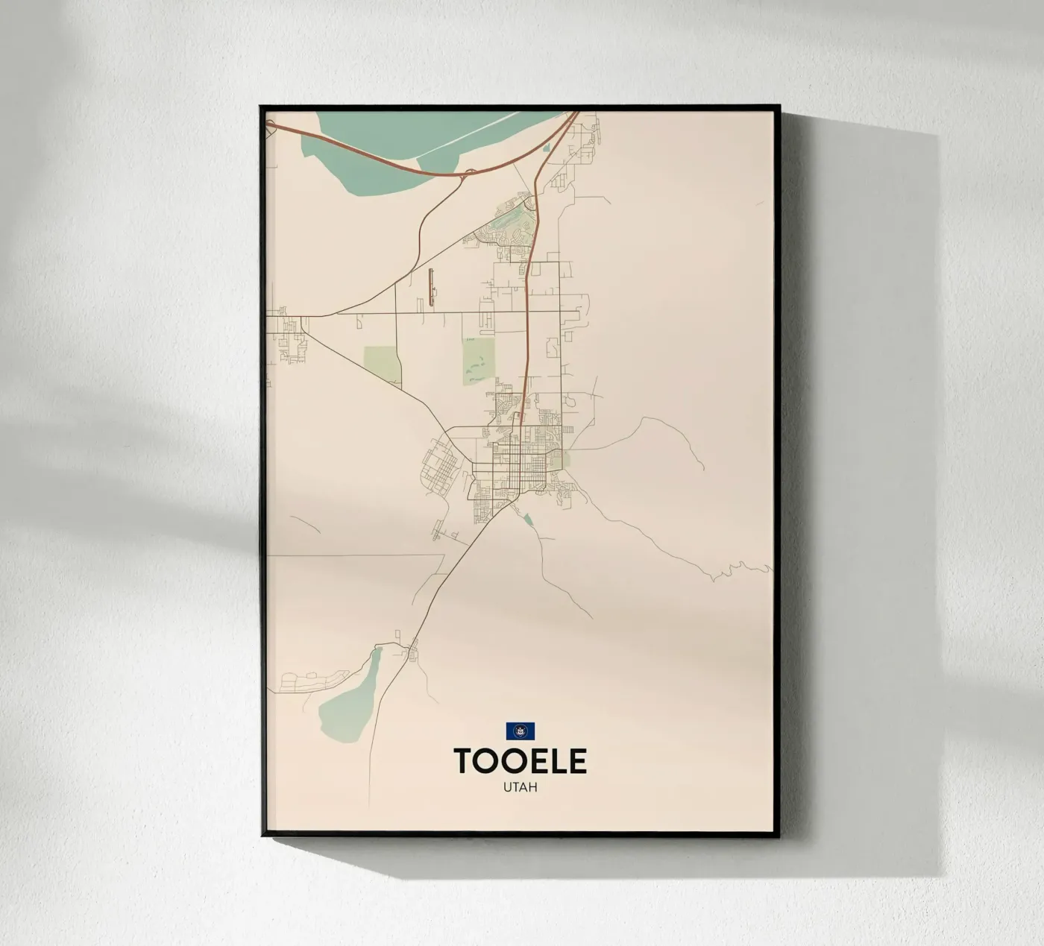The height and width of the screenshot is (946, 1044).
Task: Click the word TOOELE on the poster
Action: [520, 761]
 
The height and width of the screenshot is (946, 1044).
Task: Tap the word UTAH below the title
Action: [520, 787]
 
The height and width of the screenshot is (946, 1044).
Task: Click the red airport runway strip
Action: [430, 288]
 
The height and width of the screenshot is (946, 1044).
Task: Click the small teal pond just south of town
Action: [528, 519]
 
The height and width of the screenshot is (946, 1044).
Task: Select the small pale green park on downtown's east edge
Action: [566, 460]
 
